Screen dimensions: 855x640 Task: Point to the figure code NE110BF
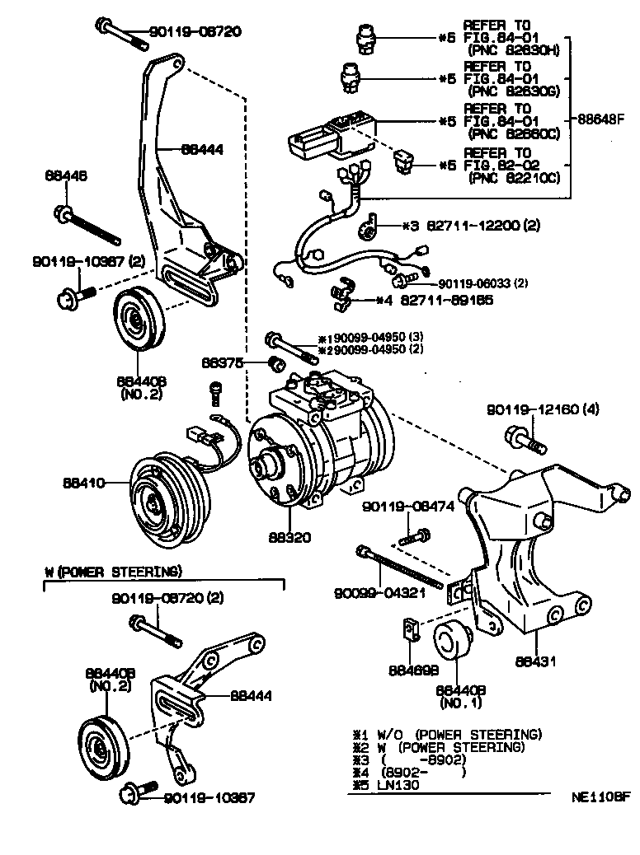tap(601, 797)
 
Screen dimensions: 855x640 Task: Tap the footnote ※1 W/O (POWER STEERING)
tap(446, 734)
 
